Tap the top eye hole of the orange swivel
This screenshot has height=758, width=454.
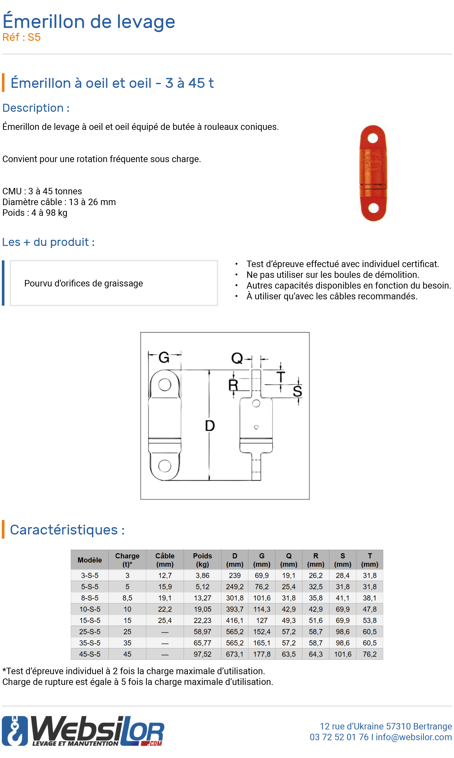[372, 138]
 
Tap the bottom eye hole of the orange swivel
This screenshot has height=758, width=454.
[373, 208]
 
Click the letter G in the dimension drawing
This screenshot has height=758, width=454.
[164, 357]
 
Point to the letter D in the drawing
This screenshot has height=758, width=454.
[210, 426]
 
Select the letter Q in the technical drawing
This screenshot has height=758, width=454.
[237, 358]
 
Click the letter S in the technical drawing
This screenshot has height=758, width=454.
[297, 391]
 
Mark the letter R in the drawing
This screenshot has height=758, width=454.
[233, 385]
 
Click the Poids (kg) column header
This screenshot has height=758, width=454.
[202, 560]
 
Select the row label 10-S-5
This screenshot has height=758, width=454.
[90, 609]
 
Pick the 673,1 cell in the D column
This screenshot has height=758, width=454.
[235, 654]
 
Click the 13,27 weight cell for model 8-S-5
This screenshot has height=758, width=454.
[202, 598]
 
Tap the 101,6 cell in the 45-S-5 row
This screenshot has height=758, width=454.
[343, 654]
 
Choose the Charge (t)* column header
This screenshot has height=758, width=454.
[127, 560]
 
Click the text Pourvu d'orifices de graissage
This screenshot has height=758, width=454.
[83, 283]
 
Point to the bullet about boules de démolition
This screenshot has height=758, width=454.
[332, 274]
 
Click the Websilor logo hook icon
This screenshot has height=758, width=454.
[15, 731]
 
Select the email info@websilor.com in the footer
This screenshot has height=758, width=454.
[413, 737]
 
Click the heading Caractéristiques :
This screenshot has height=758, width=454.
[67, 530]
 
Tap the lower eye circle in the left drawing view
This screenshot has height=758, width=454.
[165, 465]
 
